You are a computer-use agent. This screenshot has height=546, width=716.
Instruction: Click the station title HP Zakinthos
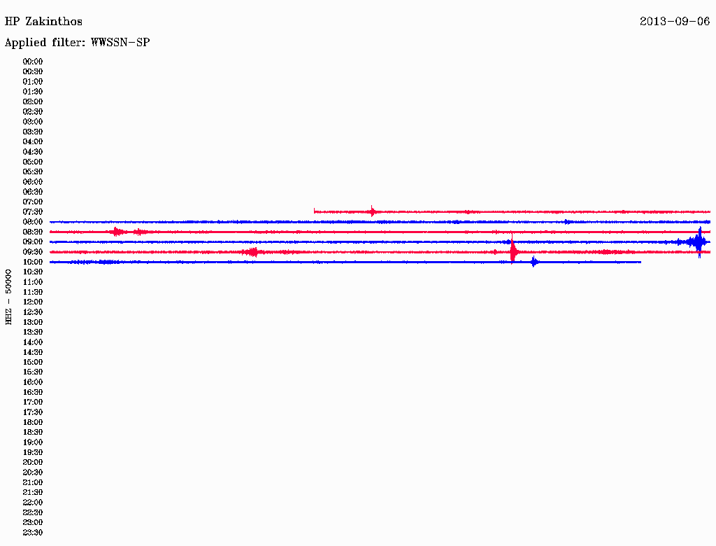pyautogui.click(x=43, y=22)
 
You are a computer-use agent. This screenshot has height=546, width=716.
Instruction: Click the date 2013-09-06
pyautogui.click(x=675, y=22)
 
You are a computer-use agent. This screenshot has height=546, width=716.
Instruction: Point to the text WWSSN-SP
pyautogui.click(x=120, y=43)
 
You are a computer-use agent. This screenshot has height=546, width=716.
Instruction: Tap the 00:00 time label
pyautogui.click(x=33, y=62)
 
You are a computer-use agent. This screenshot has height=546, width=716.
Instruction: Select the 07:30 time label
pyautogui.click(x=33, y=212)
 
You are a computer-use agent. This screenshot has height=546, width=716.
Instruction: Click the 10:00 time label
pyautogui.click(x=33, y=262)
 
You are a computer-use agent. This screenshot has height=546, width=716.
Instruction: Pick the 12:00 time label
pyautogui.click(x=33, y=302)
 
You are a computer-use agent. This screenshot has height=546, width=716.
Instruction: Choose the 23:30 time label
pyautogui.click(x=33, y=533)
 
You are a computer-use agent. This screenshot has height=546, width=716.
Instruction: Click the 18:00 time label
pyautogui.click(x=33, y=423)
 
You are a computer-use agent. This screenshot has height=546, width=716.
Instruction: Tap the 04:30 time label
pyautogui.click(x=33, y=152)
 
